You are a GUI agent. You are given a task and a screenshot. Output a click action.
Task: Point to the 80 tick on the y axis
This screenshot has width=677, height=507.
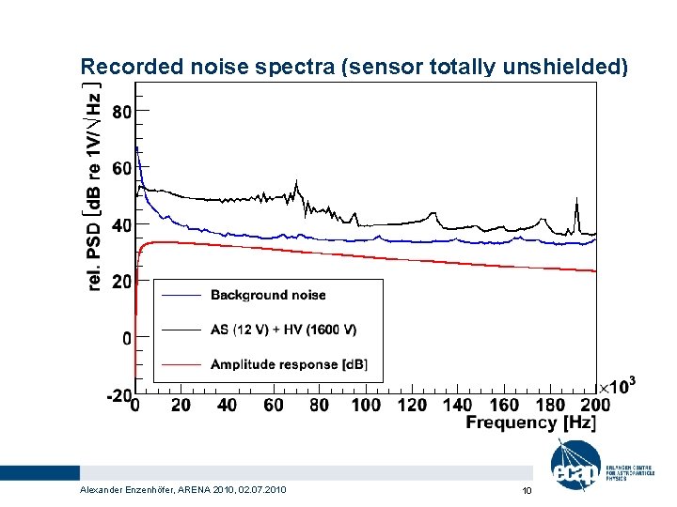tap(122, 111)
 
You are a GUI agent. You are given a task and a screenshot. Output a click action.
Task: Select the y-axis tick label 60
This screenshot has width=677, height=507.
tap(122, 168)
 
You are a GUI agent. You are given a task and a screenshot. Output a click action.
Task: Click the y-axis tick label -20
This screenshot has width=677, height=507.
tap(119, 395)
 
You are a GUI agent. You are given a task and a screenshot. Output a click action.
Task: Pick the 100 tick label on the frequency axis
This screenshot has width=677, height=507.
tap(366, 405)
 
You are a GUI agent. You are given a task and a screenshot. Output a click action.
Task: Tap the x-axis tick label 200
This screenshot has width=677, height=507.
tap(596, 405)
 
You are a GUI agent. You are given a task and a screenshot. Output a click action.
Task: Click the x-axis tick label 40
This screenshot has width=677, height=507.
tap(227, 405)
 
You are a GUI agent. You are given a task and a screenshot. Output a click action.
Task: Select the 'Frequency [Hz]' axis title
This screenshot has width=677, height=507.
tap(530, 423)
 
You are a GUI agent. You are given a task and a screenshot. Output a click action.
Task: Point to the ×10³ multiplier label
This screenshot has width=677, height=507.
tap(618, 386)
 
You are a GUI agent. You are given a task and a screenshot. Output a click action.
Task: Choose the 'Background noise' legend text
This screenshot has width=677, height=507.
tap(268, 295)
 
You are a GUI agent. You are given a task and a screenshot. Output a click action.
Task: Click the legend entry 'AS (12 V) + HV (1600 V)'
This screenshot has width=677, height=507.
tap(283, 330)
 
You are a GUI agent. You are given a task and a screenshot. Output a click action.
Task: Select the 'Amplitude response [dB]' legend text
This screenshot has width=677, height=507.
tap(289, 364)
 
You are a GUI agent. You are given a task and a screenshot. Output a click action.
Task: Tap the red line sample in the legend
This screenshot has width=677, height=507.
tap(181, 364)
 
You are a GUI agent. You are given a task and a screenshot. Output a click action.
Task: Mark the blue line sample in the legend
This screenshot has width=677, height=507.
tap(181, 295)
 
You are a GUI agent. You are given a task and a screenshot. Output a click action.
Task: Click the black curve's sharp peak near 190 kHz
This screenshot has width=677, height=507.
tap(576, 200)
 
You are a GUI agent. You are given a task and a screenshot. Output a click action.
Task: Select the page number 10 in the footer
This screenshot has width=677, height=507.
tap(527, 490)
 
